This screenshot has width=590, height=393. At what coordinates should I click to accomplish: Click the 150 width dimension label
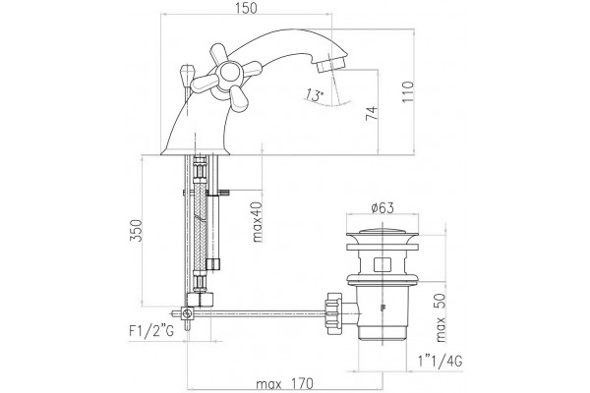(x=247, y=8)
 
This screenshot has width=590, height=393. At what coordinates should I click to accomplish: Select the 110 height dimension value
(x=408, y=92)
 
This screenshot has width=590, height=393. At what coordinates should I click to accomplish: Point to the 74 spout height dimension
(x=372, y=113)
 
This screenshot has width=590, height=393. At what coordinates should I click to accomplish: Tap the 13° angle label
(x=315, y=94)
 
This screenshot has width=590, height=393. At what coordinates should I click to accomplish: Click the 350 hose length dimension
(x=136, y=230)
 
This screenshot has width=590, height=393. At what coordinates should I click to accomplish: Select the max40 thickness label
(x=257, y=222)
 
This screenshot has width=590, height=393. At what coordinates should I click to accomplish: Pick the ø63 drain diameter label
(x=383, y=207)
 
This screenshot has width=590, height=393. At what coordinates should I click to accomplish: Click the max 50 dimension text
(x=440, y=317)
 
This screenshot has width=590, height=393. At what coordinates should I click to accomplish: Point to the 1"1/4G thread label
(x=440, y=362)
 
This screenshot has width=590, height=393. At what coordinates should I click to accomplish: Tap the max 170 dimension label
(x=284, y=384)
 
